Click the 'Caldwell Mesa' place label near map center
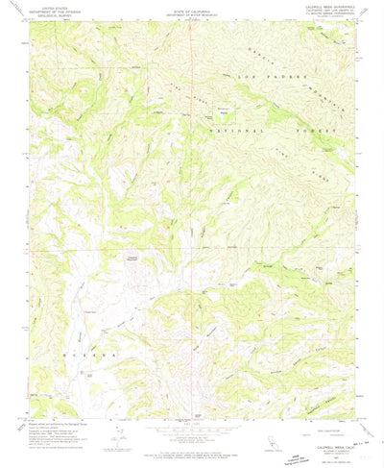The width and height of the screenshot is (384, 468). click(132, 258)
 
